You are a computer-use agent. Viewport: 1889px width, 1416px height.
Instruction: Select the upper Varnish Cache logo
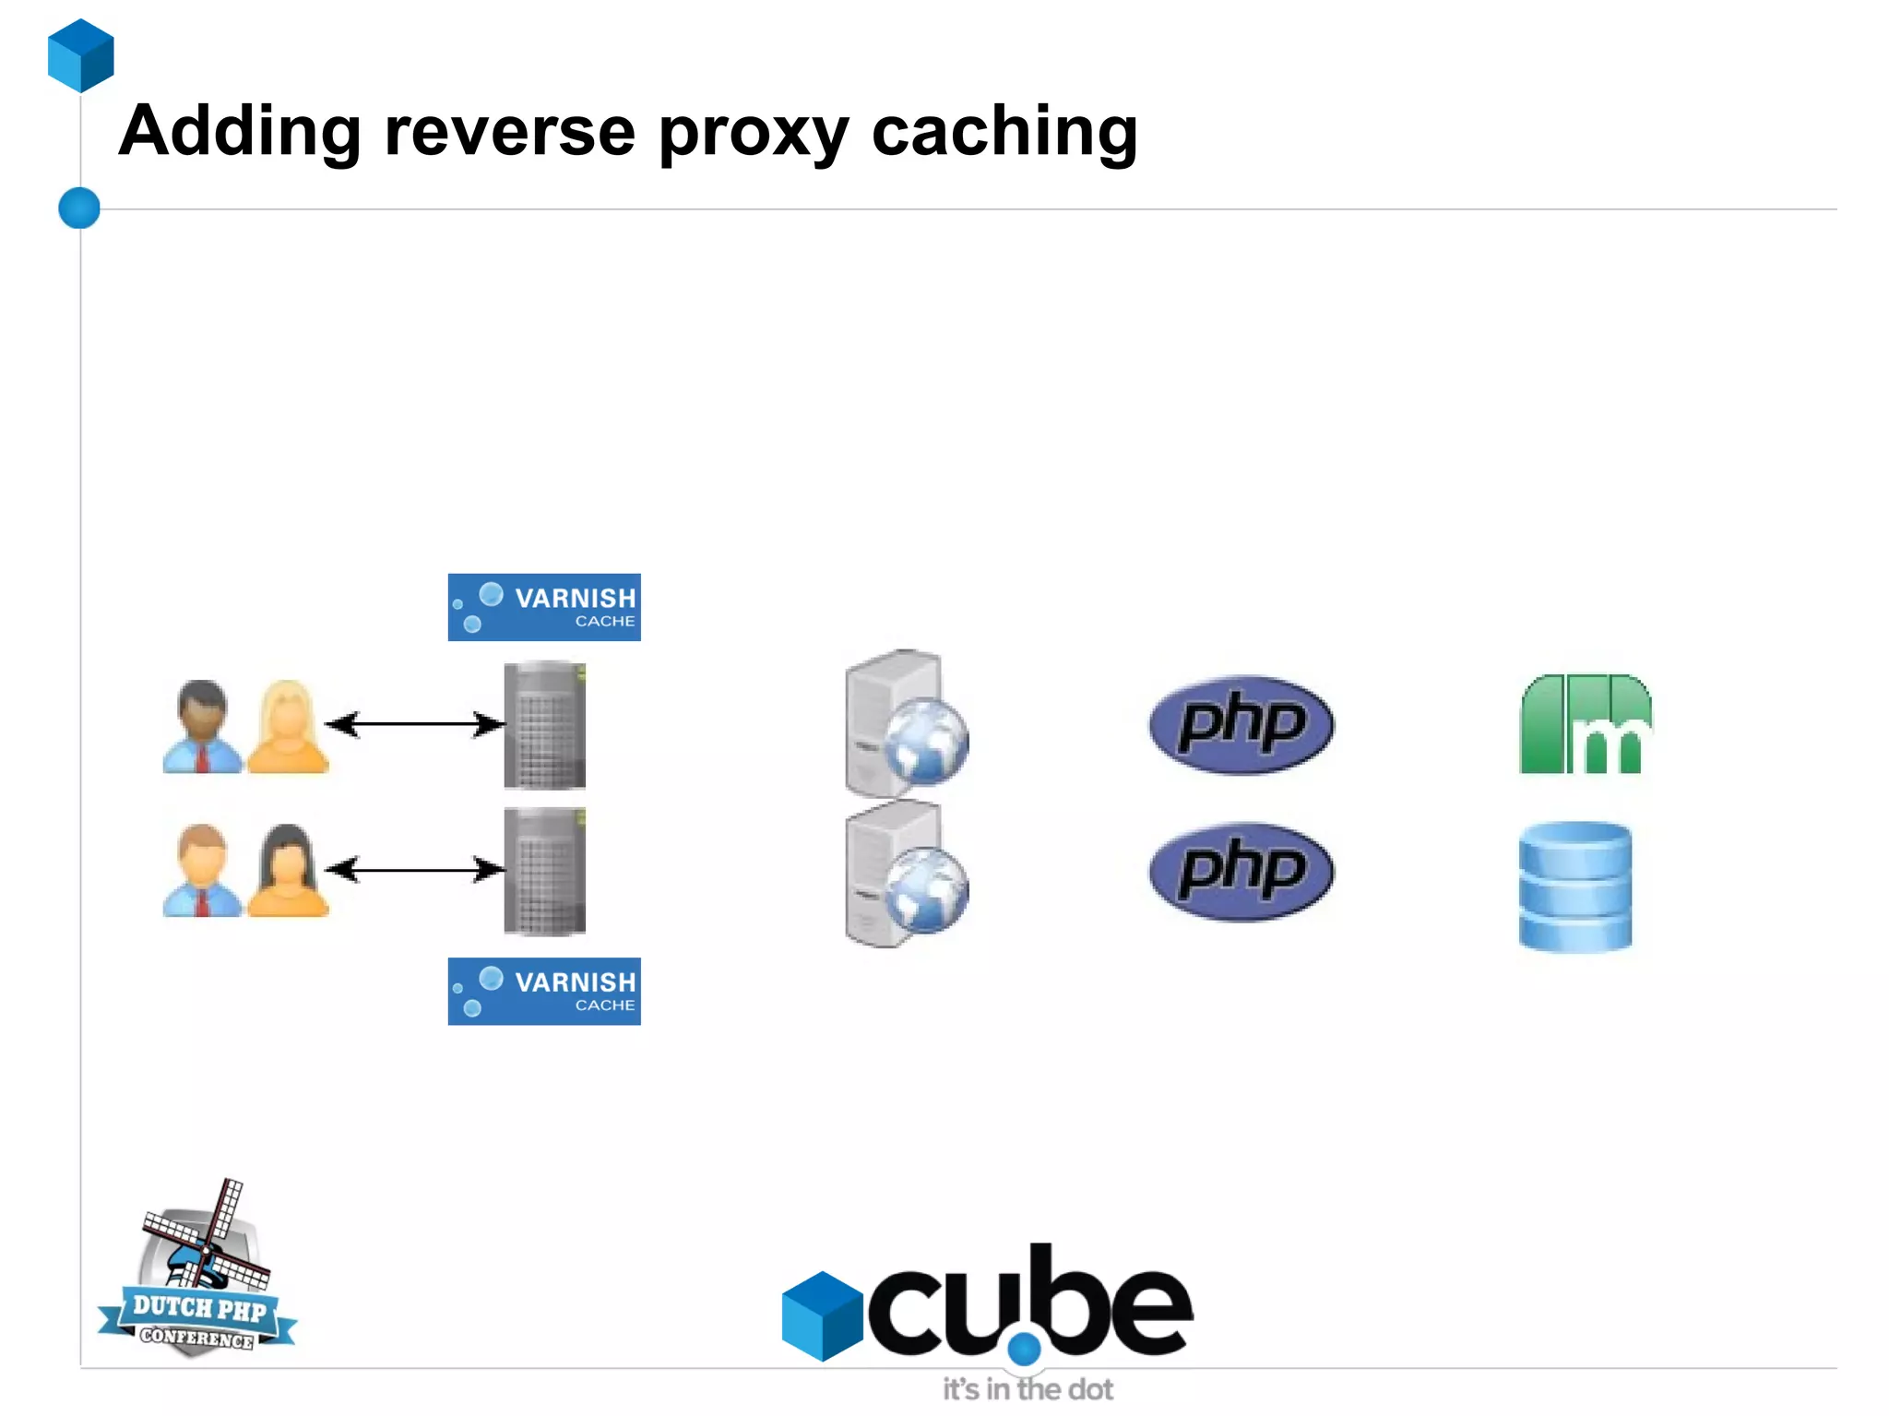544,607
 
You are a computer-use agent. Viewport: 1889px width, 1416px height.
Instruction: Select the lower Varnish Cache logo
544,991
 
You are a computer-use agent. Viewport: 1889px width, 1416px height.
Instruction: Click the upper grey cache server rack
544,725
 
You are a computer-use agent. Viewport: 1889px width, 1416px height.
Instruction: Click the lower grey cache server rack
544,871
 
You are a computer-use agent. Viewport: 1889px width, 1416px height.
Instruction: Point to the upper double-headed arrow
415,724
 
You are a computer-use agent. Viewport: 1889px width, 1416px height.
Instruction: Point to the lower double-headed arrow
415,869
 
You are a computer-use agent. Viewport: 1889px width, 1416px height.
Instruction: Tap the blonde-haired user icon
288,727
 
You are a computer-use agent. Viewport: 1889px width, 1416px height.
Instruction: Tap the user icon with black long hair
288,871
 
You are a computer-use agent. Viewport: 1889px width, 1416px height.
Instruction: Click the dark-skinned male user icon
202,727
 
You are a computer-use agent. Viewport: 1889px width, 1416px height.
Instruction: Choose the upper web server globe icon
907,725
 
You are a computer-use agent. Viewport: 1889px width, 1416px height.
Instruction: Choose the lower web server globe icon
907,874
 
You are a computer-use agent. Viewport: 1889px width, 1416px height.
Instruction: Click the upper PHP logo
1241,724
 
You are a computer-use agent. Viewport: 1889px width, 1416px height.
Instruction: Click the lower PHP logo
1241,871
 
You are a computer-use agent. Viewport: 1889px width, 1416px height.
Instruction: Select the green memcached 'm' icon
1585,724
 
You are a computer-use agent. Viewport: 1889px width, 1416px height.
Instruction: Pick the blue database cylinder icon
1574,886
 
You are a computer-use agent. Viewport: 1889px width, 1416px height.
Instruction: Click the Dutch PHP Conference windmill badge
198,1273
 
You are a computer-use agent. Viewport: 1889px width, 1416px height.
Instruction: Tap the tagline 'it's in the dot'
1028,1389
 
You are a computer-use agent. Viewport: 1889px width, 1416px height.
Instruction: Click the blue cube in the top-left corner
81,55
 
